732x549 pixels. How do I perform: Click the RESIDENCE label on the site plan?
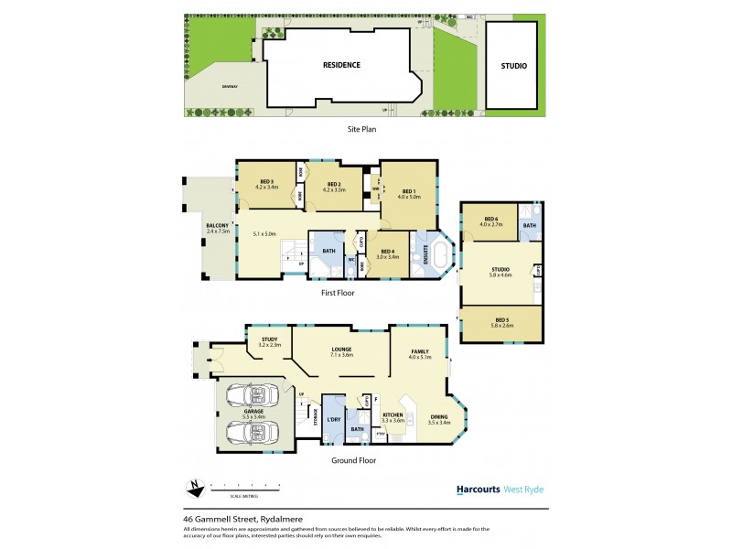click(x=340, y=65)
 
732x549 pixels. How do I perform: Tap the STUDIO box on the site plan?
click(x=512, y=66)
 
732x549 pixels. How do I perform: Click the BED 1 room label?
click(x=408, y=191)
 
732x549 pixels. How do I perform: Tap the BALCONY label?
click(x=217, y=226)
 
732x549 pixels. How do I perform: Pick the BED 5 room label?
click(x=501, y=319)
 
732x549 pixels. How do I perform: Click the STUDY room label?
click(x=269, y=339)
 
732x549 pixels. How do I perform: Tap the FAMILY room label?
click(x=420, y=351)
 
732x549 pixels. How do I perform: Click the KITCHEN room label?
click(x=393, y=415)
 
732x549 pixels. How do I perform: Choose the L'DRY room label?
click(x=333, y=418)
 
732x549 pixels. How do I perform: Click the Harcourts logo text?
click(x=478, y=490)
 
